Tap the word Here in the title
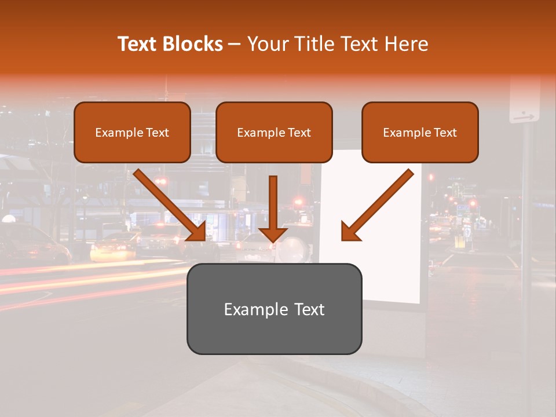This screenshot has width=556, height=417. (x=406, y=44)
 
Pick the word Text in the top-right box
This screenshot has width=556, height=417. (x=445, y=133)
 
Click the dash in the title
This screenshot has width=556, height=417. (x=235, y=45)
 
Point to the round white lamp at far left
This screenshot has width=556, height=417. (x=8, y=218)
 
